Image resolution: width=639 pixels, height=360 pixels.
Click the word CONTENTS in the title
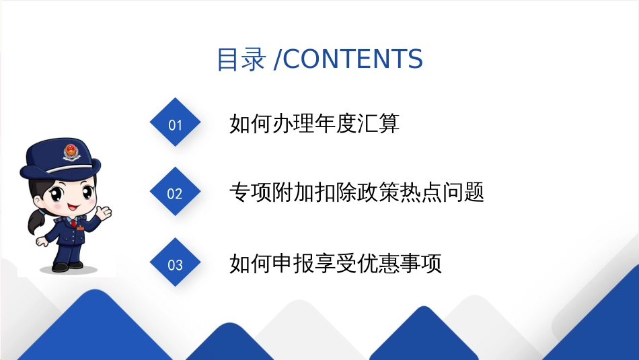352,59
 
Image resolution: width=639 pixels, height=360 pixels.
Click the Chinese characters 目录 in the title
241,59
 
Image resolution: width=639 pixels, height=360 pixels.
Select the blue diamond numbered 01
176,122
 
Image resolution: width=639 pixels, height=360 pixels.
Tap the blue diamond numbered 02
176,191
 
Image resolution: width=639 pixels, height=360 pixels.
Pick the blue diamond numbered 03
176,262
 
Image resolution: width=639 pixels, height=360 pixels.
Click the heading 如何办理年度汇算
314,123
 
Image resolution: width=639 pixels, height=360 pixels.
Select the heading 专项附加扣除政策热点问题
356,192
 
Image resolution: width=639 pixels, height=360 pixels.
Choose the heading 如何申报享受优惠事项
336,263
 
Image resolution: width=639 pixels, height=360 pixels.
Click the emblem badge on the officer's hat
72,151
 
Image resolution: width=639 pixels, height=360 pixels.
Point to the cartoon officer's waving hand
104,213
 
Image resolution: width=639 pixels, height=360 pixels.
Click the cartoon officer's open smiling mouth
73,207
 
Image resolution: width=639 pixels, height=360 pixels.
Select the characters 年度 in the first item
336,123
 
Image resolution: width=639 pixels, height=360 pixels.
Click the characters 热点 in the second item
420,192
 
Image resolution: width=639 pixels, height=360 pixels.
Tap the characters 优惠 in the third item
378,263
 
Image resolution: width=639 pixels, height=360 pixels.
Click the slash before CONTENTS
277,59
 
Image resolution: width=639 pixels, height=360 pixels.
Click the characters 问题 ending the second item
463,192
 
